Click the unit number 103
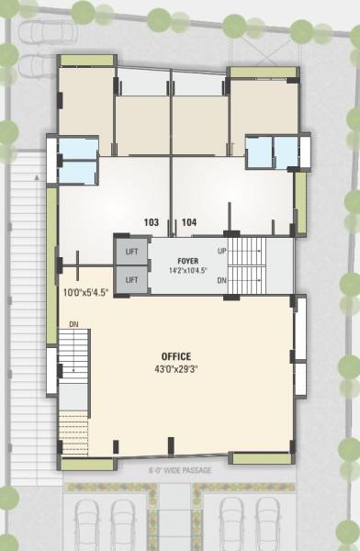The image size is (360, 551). (x=152, y=222)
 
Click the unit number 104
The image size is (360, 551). (x=189, y=222)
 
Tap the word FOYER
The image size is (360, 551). (x=189, y=261)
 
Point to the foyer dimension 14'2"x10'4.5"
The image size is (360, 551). (x=189, y=271)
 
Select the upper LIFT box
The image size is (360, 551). (x=131, y=251)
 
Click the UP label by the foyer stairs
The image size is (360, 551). (x=221, y=251)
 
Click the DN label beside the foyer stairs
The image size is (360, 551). (x=221, y=281)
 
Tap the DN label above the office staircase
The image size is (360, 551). (x=74, y=323)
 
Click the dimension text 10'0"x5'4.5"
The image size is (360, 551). (x=85, y=292)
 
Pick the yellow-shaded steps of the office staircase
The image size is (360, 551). (x=73, y=426)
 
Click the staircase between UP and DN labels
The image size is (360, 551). (x=245, y=264)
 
